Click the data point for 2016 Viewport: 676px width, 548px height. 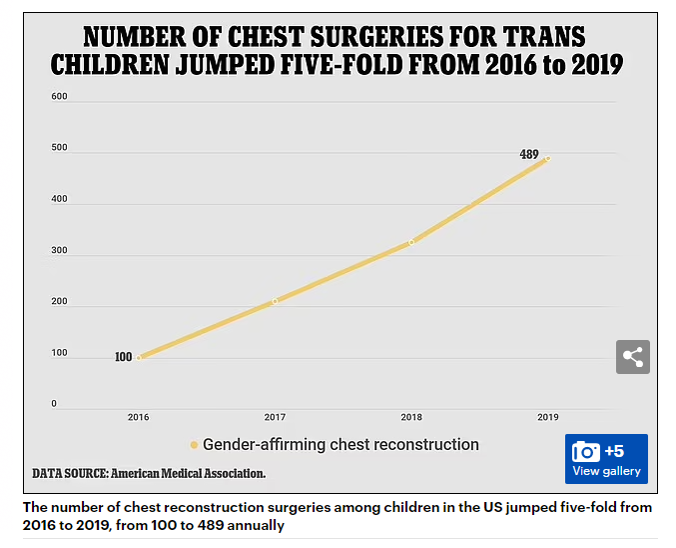(x=139, y=357)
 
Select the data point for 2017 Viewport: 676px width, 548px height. (x=276, y=301)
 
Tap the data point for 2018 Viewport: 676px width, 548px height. (x=411, y=242)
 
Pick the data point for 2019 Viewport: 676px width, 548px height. (x=547, y=158)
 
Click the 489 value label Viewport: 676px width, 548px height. (x=529, y=155)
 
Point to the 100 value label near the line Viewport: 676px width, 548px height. (x=123, y=357)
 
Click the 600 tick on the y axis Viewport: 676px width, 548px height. (x=59, y=97)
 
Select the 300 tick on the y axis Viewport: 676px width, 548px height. (x=59, y=251)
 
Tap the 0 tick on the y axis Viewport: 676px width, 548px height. (x=55, y=404)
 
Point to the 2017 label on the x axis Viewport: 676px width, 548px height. (x=275, y=416)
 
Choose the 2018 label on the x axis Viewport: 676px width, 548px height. (x=411, y=416)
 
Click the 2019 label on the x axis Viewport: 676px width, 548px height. (x=547, y=416)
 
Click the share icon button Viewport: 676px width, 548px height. (x=632, y=357)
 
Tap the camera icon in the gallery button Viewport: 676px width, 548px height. (x=585, y=451)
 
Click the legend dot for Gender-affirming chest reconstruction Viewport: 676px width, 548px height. (x=194, y=445)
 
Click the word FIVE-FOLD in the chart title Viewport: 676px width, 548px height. (x=344, y=66)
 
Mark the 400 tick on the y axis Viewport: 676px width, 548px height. (x=59, y=199)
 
